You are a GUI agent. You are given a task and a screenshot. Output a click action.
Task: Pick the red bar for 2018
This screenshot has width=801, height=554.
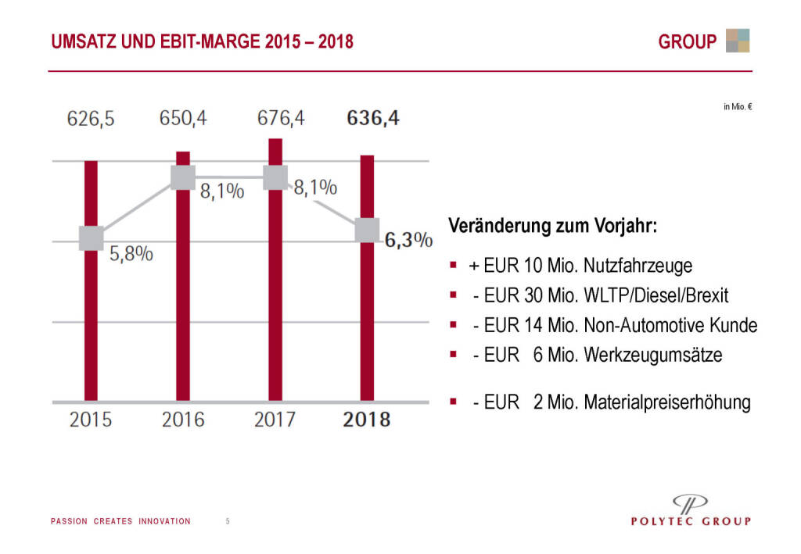click(x=367, y=313)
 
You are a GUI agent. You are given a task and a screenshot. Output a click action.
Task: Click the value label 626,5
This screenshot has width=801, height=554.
click(x=91, y=119)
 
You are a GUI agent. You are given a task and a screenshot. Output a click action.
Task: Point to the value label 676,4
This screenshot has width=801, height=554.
click(x=281, y=119)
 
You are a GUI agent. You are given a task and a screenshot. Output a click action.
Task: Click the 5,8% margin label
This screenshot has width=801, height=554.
click(x=131, y=255)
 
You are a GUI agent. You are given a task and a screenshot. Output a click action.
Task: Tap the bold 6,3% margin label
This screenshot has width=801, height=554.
click(x=409, y=240)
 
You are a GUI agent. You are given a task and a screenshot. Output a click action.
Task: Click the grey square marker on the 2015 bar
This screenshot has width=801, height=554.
click(x=91, y=238)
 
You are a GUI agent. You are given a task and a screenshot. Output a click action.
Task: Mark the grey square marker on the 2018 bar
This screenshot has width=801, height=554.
click(x=367, y=231)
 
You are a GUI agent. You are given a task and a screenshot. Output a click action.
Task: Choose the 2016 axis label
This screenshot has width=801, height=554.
click(x=183, y=420)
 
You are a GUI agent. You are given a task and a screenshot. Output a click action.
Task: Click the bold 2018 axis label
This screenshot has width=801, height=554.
click(x=367, y=420)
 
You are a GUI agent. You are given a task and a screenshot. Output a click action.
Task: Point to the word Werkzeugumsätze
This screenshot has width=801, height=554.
click(x=652, y=355)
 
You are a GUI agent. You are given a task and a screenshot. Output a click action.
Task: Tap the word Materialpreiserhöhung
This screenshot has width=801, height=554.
click(x=667, y=403)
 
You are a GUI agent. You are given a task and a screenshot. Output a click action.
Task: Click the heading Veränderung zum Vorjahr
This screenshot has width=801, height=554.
click(x=552, y=227)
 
